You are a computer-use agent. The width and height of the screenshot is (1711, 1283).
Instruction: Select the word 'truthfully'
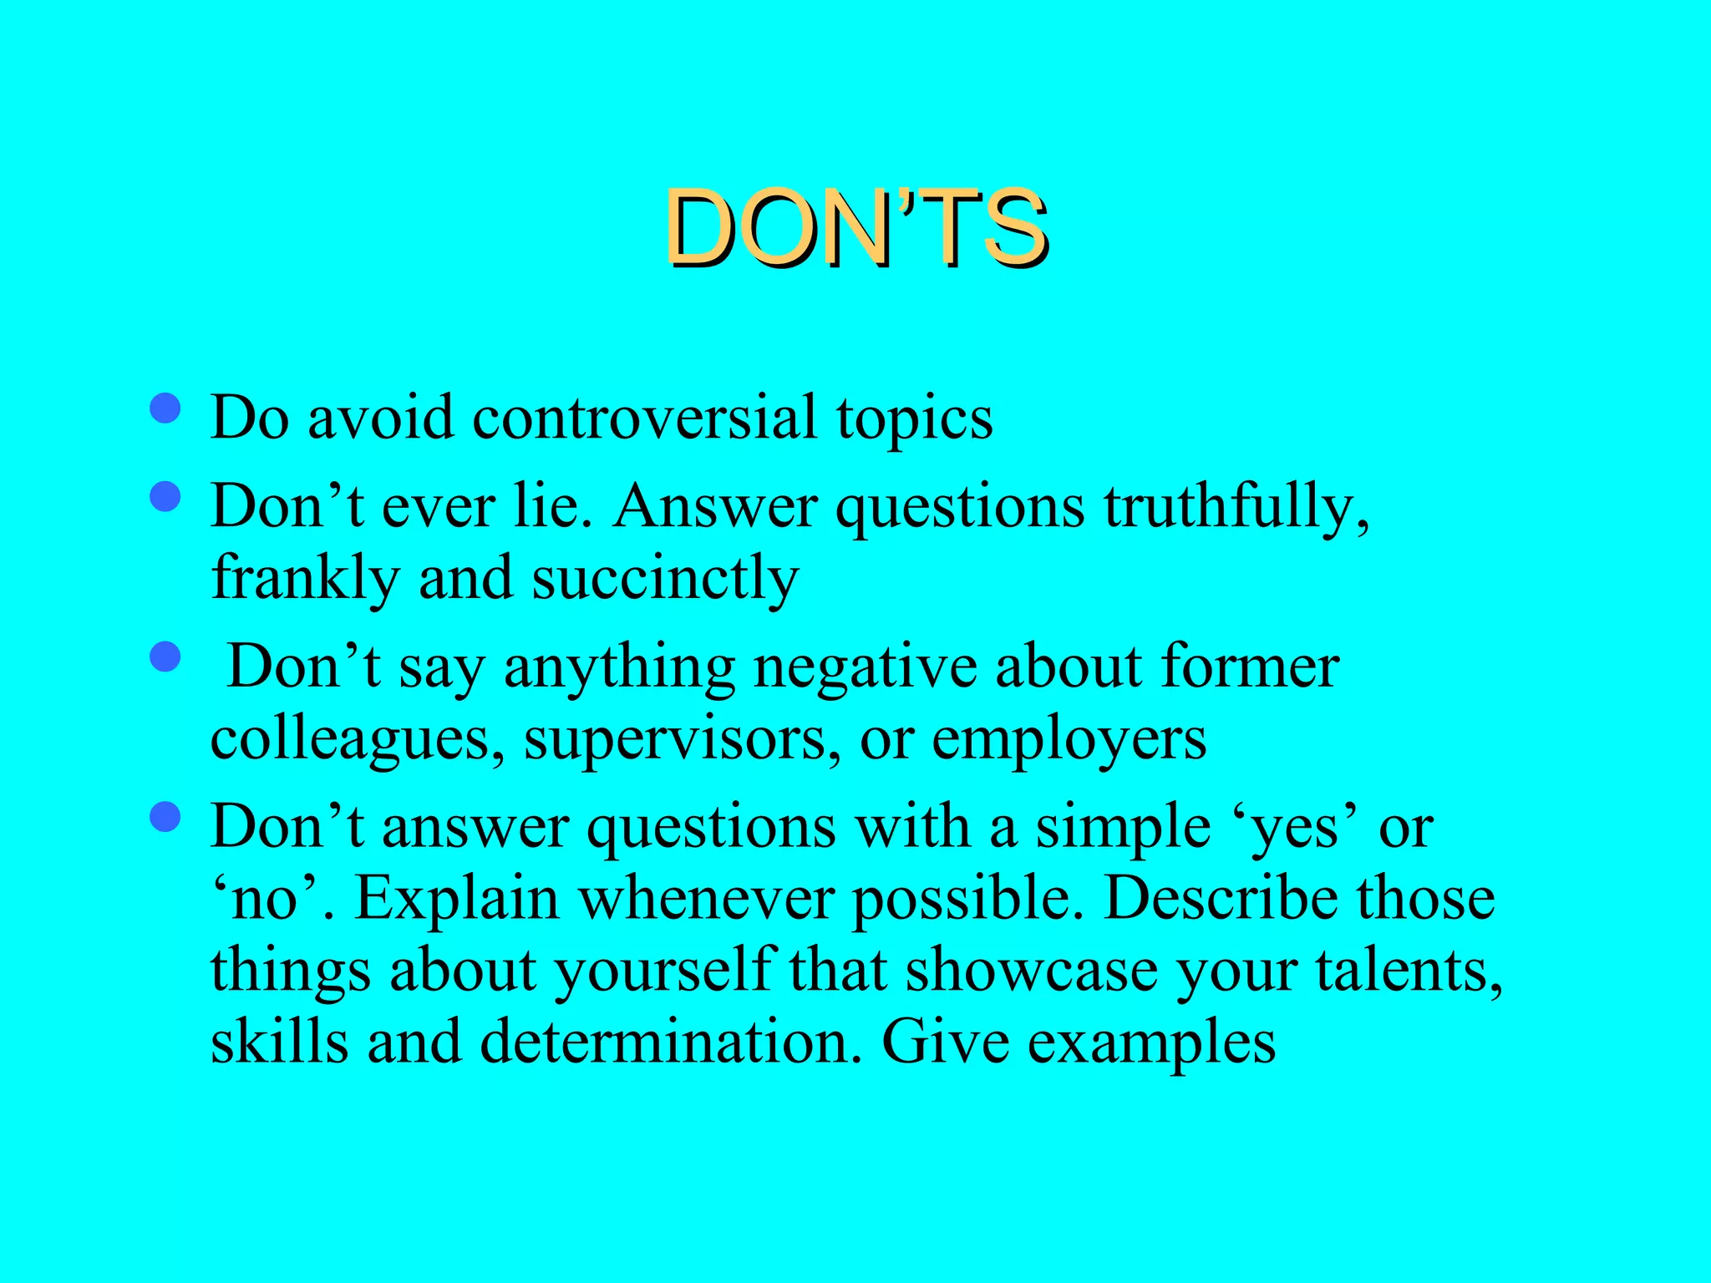(x=1235, y=506)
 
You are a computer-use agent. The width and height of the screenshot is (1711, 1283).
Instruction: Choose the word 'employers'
(x=1069, y=740)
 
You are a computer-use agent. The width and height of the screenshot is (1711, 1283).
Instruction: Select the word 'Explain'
(x=456, y=900)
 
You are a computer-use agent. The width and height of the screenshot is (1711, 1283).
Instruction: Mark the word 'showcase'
(x=1031, y=971)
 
